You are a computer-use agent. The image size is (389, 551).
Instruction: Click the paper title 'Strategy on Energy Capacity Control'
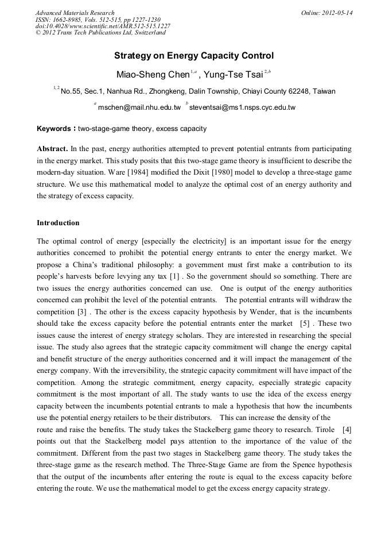click(x=194, y=56)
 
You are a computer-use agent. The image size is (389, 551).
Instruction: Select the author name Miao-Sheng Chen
click(x=153, y=74)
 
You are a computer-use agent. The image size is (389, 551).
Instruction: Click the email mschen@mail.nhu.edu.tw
click(x=139, y=107)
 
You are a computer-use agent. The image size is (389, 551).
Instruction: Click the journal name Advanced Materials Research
click(x=75, y=13)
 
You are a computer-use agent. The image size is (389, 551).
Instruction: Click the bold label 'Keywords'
click(x=54, y=129)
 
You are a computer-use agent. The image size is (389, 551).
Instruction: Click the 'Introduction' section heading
click(x=58, y=223)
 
